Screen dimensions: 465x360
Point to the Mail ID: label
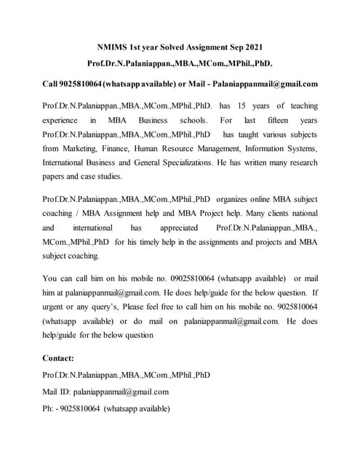(x=58, y=392)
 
